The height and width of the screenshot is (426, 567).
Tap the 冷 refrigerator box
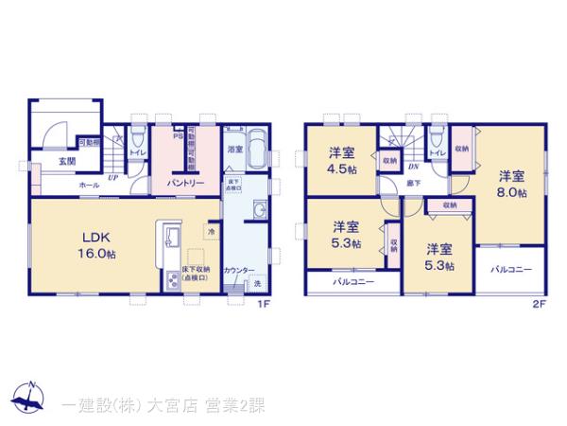click(x=211, y=230)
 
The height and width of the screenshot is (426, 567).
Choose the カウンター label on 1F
click(x=238, y=271)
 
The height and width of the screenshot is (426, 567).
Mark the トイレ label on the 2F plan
click(x=436, y=152)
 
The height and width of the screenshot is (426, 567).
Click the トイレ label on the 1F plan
click(x=137, y=151)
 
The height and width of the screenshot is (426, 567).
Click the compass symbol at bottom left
click(x=30, y=399)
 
